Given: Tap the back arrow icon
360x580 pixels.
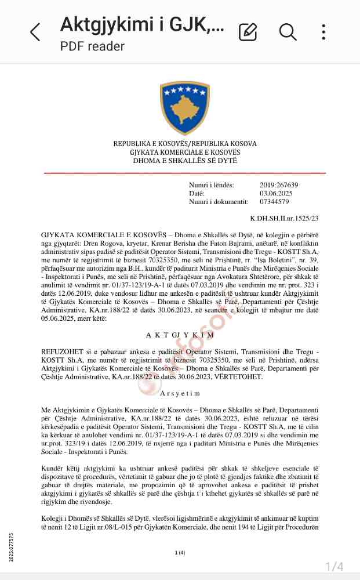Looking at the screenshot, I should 35,32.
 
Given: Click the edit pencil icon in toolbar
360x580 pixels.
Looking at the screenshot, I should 248,32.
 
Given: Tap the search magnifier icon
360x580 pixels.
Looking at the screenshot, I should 288,32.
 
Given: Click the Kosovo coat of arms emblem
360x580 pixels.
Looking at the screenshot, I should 185,108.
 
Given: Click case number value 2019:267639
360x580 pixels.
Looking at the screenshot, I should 279,185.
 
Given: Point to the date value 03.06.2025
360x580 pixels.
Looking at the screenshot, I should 276,193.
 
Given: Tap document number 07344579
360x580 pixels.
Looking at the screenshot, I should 274,202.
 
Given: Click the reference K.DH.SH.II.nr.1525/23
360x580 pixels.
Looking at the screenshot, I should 285,218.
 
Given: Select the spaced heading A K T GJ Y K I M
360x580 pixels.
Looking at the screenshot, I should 180,335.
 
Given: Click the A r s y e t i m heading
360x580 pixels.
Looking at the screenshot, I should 180,393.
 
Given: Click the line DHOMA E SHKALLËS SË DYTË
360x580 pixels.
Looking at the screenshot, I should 185,160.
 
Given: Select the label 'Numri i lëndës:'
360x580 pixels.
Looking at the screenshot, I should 212,185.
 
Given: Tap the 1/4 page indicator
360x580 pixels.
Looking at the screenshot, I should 334,566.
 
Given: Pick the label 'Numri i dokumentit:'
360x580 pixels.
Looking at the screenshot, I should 219,202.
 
